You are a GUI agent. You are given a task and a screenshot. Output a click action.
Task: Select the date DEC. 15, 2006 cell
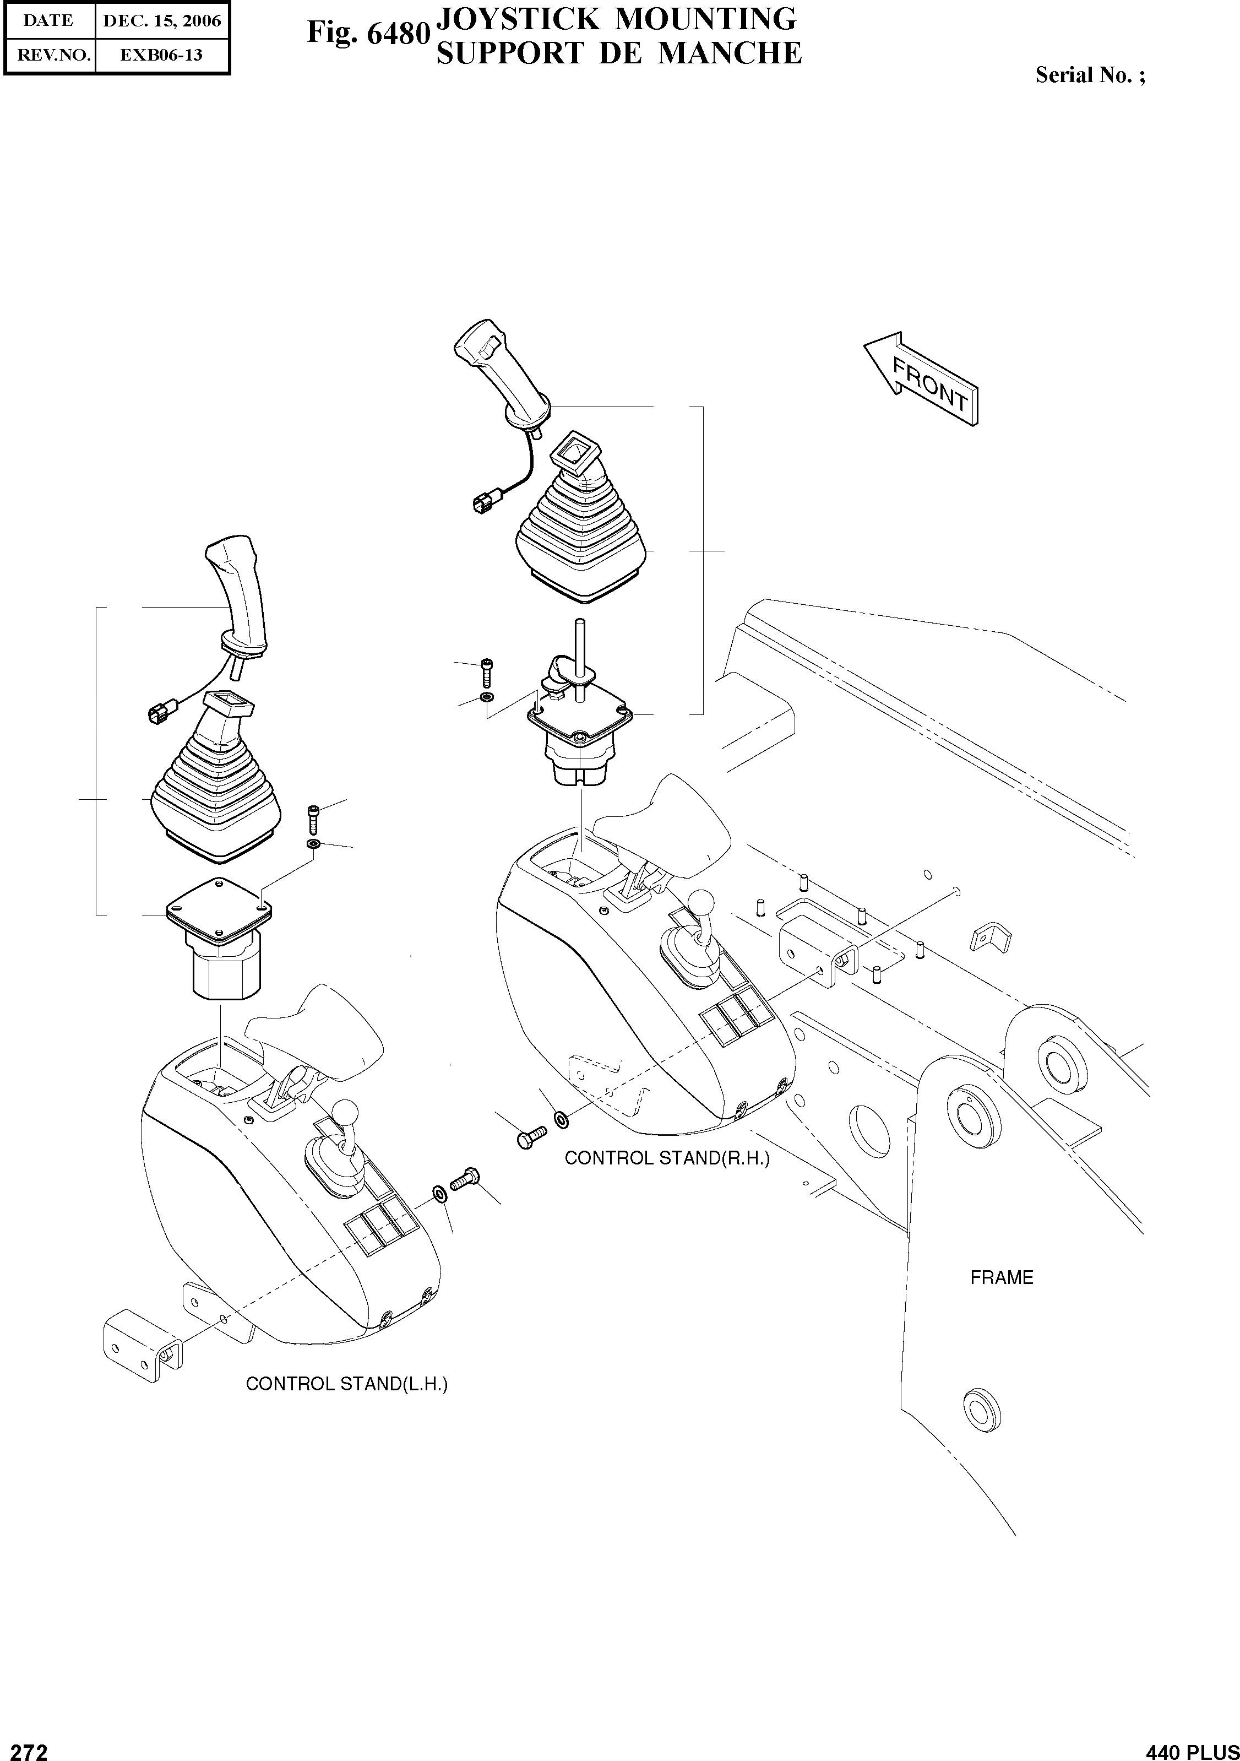point(162,21)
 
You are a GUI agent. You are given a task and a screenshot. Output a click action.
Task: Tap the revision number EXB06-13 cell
point(162,55)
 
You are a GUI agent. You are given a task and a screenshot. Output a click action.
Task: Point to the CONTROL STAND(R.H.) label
point(666,1158)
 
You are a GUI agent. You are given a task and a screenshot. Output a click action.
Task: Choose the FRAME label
point(1002,1278)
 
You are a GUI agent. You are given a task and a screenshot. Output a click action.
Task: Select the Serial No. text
point(1090,75)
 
